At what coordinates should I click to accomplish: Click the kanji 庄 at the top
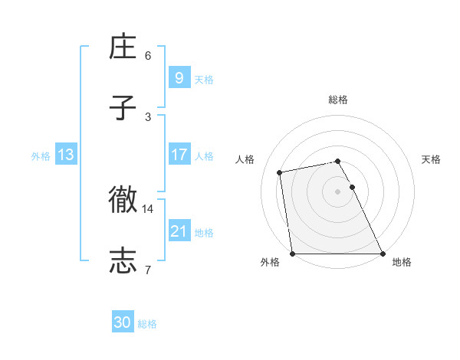pos(123,48)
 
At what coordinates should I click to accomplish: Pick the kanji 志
pos(123,260)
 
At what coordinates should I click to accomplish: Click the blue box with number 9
pos(179,77)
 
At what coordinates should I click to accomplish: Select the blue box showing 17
pos(179,155)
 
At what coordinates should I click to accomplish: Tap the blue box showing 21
pos(179,231)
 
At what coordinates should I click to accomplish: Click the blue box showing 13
pos(65,155)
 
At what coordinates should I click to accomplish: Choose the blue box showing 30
pos(123,322)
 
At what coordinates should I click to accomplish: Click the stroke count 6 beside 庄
pos(148,55)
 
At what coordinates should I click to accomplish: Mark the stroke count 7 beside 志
pos(148,269)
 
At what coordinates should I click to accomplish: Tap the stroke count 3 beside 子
pos(148,116)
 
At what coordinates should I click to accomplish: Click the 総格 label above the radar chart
pos(338,100)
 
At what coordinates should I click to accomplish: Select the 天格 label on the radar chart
pos(431,159)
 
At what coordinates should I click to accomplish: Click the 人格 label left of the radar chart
pos(245,159)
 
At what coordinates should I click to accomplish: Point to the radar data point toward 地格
pos(383,254)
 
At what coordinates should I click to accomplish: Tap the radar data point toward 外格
pos(293,254)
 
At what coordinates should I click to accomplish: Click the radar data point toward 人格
pos(280,172)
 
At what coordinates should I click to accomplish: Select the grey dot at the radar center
pos(338,191)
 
